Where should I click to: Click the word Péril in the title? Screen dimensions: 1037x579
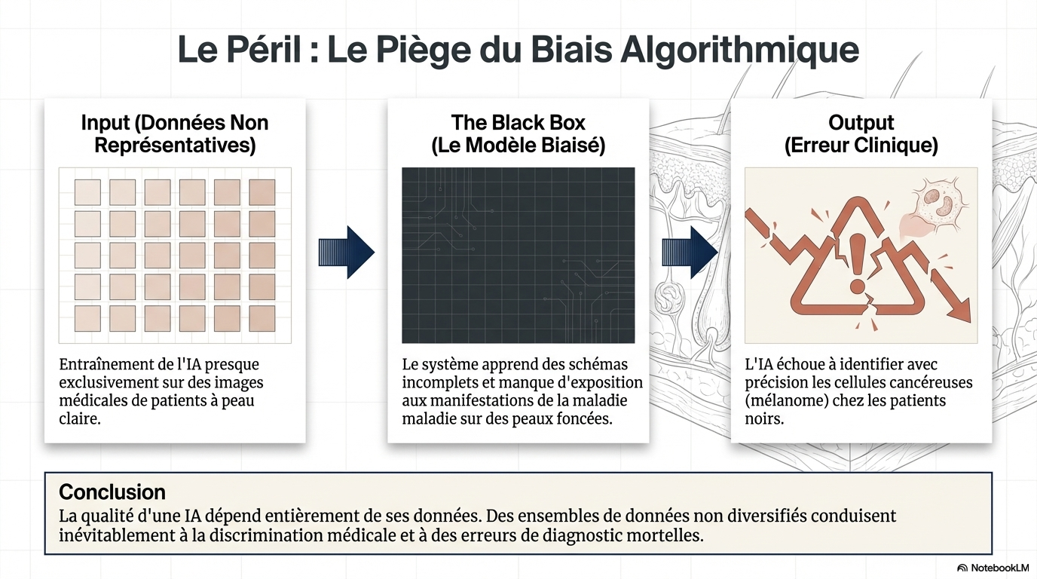pos(264,49)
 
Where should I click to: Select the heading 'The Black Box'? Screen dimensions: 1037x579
pos(518,123)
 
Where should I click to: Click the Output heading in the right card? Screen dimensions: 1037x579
pos(861,123)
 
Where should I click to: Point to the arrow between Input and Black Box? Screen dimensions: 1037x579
pos(346,252)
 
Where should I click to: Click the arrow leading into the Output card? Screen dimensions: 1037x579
pos(690,252)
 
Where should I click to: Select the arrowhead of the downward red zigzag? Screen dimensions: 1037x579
pos(957,309)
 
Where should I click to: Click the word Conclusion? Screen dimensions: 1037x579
pos(112,492)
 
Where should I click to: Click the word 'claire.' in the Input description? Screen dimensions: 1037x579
pos(80,418)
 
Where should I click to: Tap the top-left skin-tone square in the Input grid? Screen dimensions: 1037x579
pos(87,192)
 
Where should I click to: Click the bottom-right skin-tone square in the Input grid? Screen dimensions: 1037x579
pos(262,318)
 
